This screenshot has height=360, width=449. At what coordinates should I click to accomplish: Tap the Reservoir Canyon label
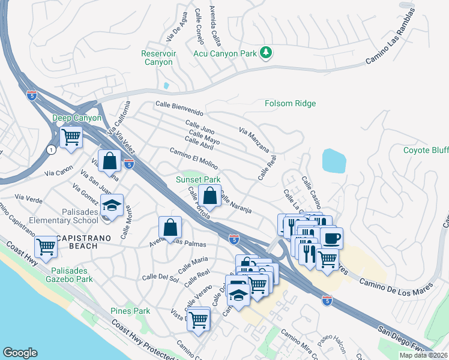157,58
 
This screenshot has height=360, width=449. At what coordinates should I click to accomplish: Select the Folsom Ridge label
290,103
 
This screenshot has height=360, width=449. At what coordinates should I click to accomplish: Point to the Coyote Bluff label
425,150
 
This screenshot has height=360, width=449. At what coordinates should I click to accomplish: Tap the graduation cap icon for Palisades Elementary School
112,205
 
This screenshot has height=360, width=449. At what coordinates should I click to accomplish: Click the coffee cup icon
331,238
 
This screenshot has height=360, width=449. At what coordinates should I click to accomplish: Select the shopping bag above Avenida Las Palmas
170,227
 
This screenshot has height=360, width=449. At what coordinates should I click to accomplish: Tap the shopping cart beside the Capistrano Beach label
46,247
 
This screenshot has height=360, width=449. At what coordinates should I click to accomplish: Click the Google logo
20,353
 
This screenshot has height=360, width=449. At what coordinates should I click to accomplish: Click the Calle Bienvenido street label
179,108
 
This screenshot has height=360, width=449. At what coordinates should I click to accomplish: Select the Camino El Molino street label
193,158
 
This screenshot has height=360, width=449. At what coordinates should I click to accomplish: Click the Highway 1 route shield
53,150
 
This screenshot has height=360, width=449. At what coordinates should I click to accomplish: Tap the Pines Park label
130,311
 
